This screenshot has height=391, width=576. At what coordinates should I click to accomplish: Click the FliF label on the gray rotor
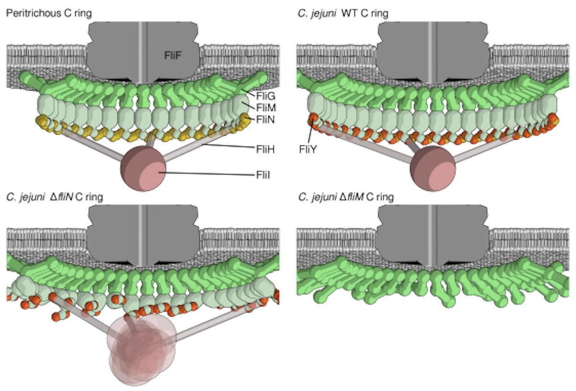coord(173,57)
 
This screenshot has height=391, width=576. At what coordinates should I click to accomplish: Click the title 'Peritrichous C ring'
coord(48,13)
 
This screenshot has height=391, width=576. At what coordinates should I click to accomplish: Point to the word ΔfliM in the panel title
coord(352,196)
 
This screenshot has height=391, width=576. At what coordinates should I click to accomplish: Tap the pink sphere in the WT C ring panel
coord(432,168)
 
